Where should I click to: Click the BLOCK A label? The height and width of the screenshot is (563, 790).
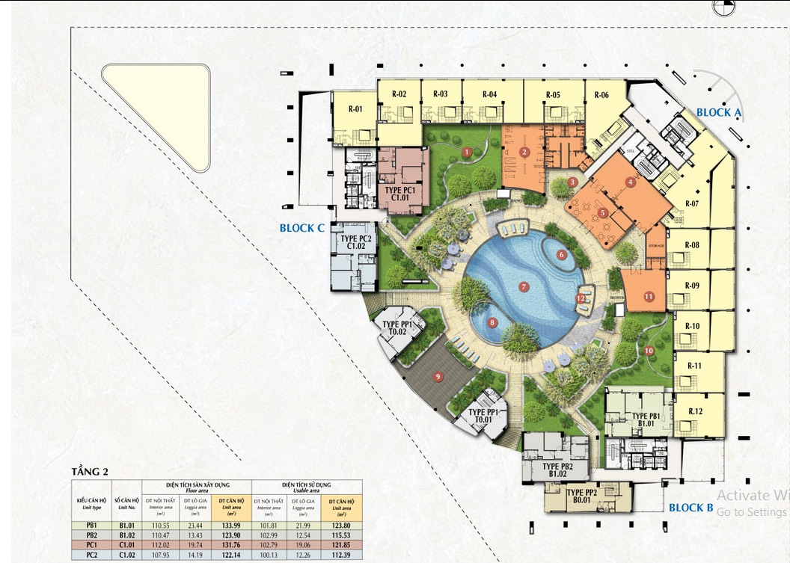tap(718, 113)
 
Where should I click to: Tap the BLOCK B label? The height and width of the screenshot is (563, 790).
tap(691, 508)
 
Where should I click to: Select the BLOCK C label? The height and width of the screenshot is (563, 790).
tap(301, 228)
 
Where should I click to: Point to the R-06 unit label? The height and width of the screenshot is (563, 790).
tap(601, 95)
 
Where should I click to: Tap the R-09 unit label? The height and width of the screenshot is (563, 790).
tap(692, 286)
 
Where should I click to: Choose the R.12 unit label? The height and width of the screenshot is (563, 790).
tap(695, 411)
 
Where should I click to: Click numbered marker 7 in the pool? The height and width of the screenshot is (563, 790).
tap(524, 286)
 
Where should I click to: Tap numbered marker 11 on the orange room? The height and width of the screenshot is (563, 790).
tap(649, 297)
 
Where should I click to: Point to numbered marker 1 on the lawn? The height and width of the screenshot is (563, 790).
tap(466, 152)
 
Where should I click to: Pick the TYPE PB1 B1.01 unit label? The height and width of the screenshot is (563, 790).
tap(646, 420)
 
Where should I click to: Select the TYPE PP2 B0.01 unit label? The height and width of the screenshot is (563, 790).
tap(581, 496)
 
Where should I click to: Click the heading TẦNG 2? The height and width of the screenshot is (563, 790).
tap(90, 471)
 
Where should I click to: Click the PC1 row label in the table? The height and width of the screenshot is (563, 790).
tap(92, 546)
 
